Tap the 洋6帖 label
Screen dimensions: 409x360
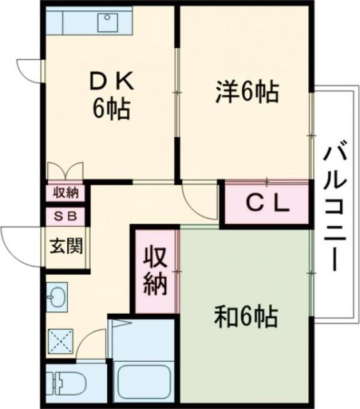[246, 93]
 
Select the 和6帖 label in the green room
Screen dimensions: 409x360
[246, 314]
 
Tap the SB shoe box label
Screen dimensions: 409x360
[65, 215]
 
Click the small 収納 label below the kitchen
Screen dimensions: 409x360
[65, 192]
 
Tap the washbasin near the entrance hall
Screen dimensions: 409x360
[56, 297]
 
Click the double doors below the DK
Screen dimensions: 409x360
[65, 171]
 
